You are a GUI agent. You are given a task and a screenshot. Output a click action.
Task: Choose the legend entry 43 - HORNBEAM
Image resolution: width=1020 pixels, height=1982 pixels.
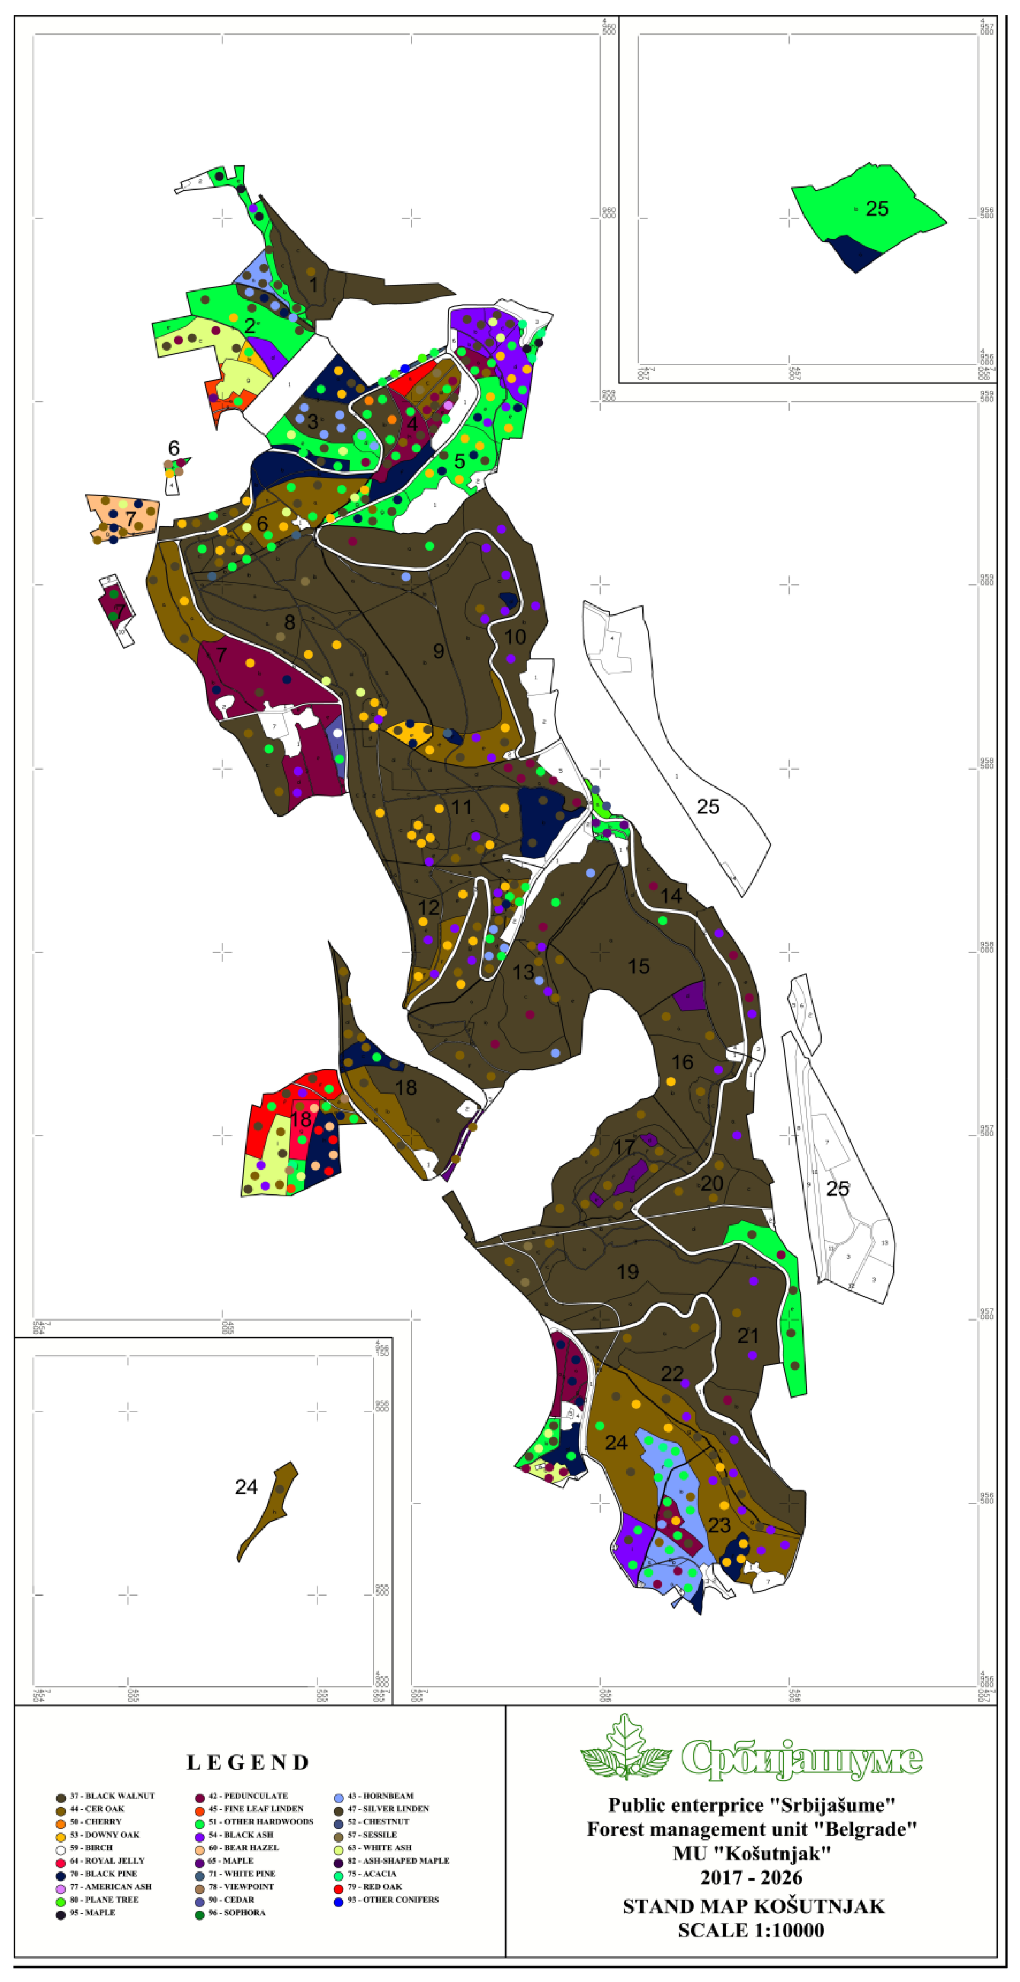[379, 1796]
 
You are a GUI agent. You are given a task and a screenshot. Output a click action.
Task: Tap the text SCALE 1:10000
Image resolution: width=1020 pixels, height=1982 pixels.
[751, 1930]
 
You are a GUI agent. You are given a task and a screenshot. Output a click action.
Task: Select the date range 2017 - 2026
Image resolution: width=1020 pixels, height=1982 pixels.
[751, 1878]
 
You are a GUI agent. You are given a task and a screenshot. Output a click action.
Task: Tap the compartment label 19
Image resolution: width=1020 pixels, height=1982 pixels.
[628, 1272]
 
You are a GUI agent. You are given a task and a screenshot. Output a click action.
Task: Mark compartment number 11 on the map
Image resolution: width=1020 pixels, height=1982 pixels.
[461, 807]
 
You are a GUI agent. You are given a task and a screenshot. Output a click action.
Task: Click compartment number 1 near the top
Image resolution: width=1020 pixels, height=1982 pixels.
[313, 285]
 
